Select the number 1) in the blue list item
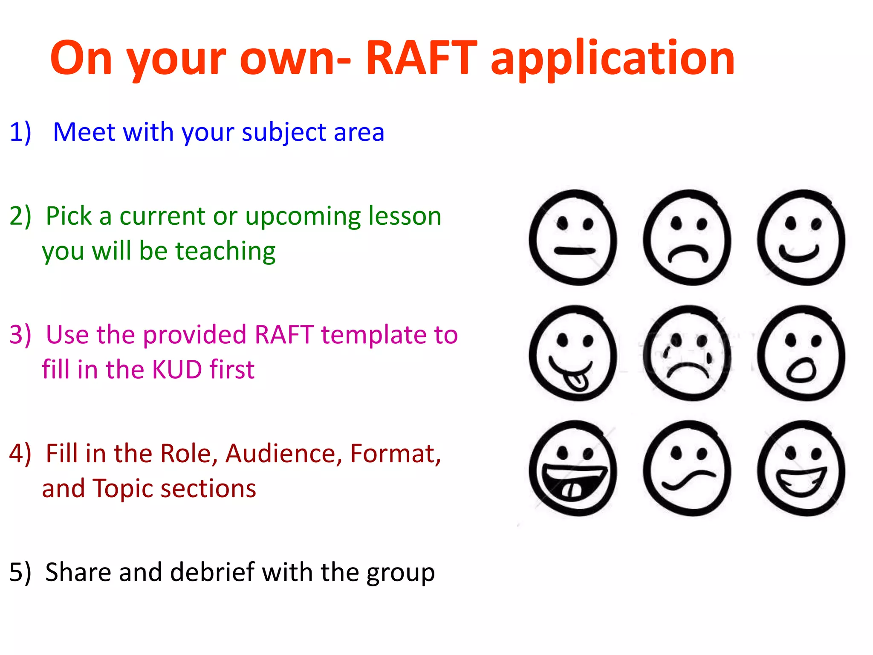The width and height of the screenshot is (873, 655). click(x=20, y=132)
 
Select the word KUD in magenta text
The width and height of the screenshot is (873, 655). click(x=177, y=369)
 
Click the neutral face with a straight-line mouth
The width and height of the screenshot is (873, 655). click(x=573, y=238)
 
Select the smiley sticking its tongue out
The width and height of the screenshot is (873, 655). click(x=573, y=353)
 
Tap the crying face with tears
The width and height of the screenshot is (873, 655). click(x=687, y=353)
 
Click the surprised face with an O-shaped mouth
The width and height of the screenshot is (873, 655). click(x=801, y=353)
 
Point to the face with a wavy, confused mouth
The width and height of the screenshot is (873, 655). click(x=687, y=468)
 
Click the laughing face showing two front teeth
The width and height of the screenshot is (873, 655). click(x=573, y=468)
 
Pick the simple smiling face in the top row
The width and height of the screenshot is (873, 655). click(x=801, y=238)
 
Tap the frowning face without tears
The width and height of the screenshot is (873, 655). click(x=687, y=238)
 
